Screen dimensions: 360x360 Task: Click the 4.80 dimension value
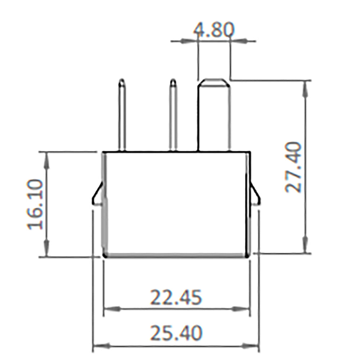point(213,30)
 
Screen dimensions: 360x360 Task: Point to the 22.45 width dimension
point(176,298)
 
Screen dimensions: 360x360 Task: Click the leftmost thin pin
point(122,115)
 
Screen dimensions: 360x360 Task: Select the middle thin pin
point(173,115)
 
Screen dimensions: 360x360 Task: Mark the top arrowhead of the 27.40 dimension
point(305,88)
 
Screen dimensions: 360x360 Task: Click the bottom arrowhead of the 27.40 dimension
point(305,245)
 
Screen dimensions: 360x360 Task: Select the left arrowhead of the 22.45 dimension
point(112,309)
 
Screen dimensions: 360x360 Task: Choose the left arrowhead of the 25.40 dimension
point(101,347)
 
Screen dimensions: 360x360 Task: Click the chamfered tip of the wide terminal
point(215,82)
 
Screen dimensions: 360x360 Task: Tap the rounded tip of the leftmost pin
point(122,82)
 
